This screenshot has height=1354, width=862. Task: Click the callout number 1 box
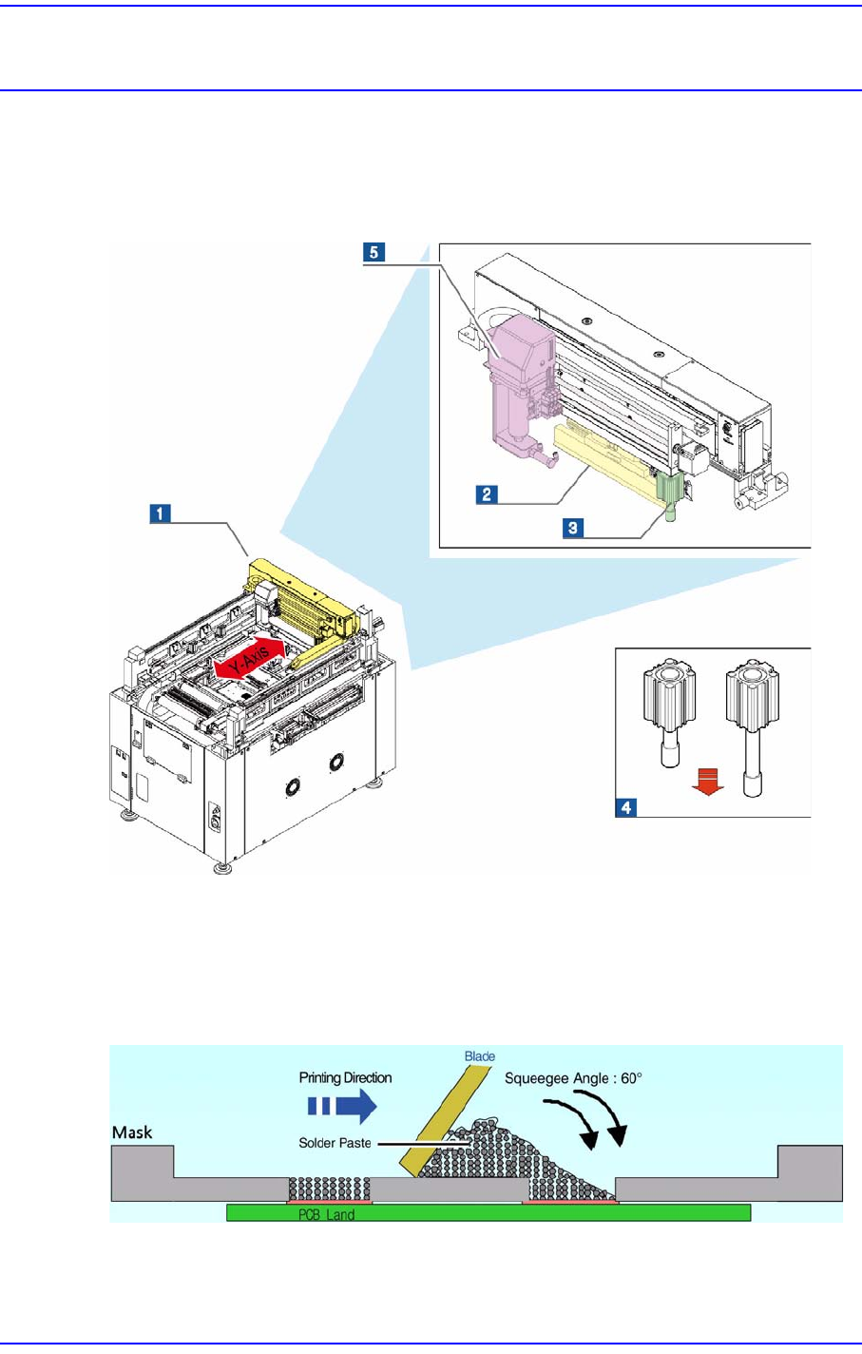coord(159,513)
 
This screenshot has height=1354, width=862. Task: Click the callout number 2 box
coord(487,493)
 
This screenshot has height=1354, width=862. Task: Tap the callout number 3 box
coord(573,528)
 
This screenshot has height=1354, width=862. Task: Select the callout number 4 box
coord(626,807)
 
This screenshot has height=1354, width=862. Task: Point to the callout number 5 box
coord(374,252)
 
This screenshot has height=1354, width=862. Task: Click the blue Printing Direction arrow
coord(341,1106)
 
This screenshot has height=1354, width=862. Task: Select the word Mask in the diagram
coord(132,1132)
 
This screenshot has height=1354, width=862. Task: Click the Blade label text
coord(480,1056)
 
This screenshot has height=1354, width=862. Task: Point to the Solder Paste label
coord(335,1143)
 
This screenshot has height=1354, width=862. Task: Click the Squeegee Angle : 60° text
coord(573,1078)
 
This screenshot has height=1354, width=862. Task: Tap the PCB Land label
coord(326,1214)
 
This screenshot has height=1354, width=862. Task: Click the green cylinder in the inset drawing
coord(671,493)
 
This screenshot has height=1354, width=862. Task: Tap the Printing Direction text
coord(345,1078)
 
